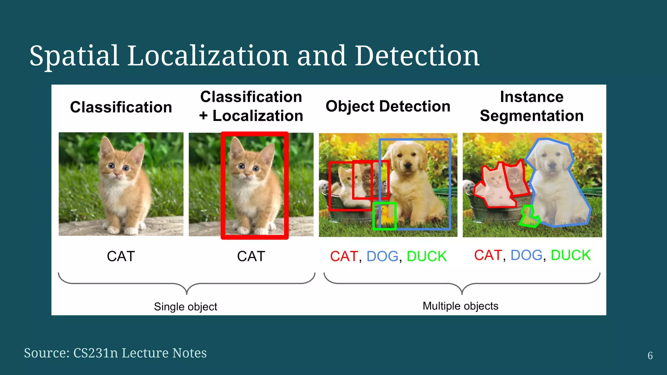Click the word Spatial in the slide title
tap(74, 56)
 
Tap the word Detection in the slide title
tap(417, 56)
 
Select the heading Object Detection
tap(388, 106)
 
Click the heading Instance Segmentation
tap(532, 106)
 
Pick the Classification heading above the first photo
tap(121, 107)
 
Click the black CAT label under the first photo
tap(121, 257)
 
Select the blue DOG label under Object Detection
tap(382, 257)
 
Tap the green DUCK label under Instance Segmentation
tap(570, 256)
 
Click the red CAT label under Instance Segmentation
tap(488, 256)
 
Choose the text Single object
tap(185, 307)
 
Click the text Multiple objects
tap(460, 306)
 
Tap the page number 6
tap(650, 355)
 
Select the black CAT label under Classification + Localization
tap(251, 257)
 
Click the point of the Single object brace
tap(187, 293)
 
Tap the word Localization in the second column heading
tap(258, 116)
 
